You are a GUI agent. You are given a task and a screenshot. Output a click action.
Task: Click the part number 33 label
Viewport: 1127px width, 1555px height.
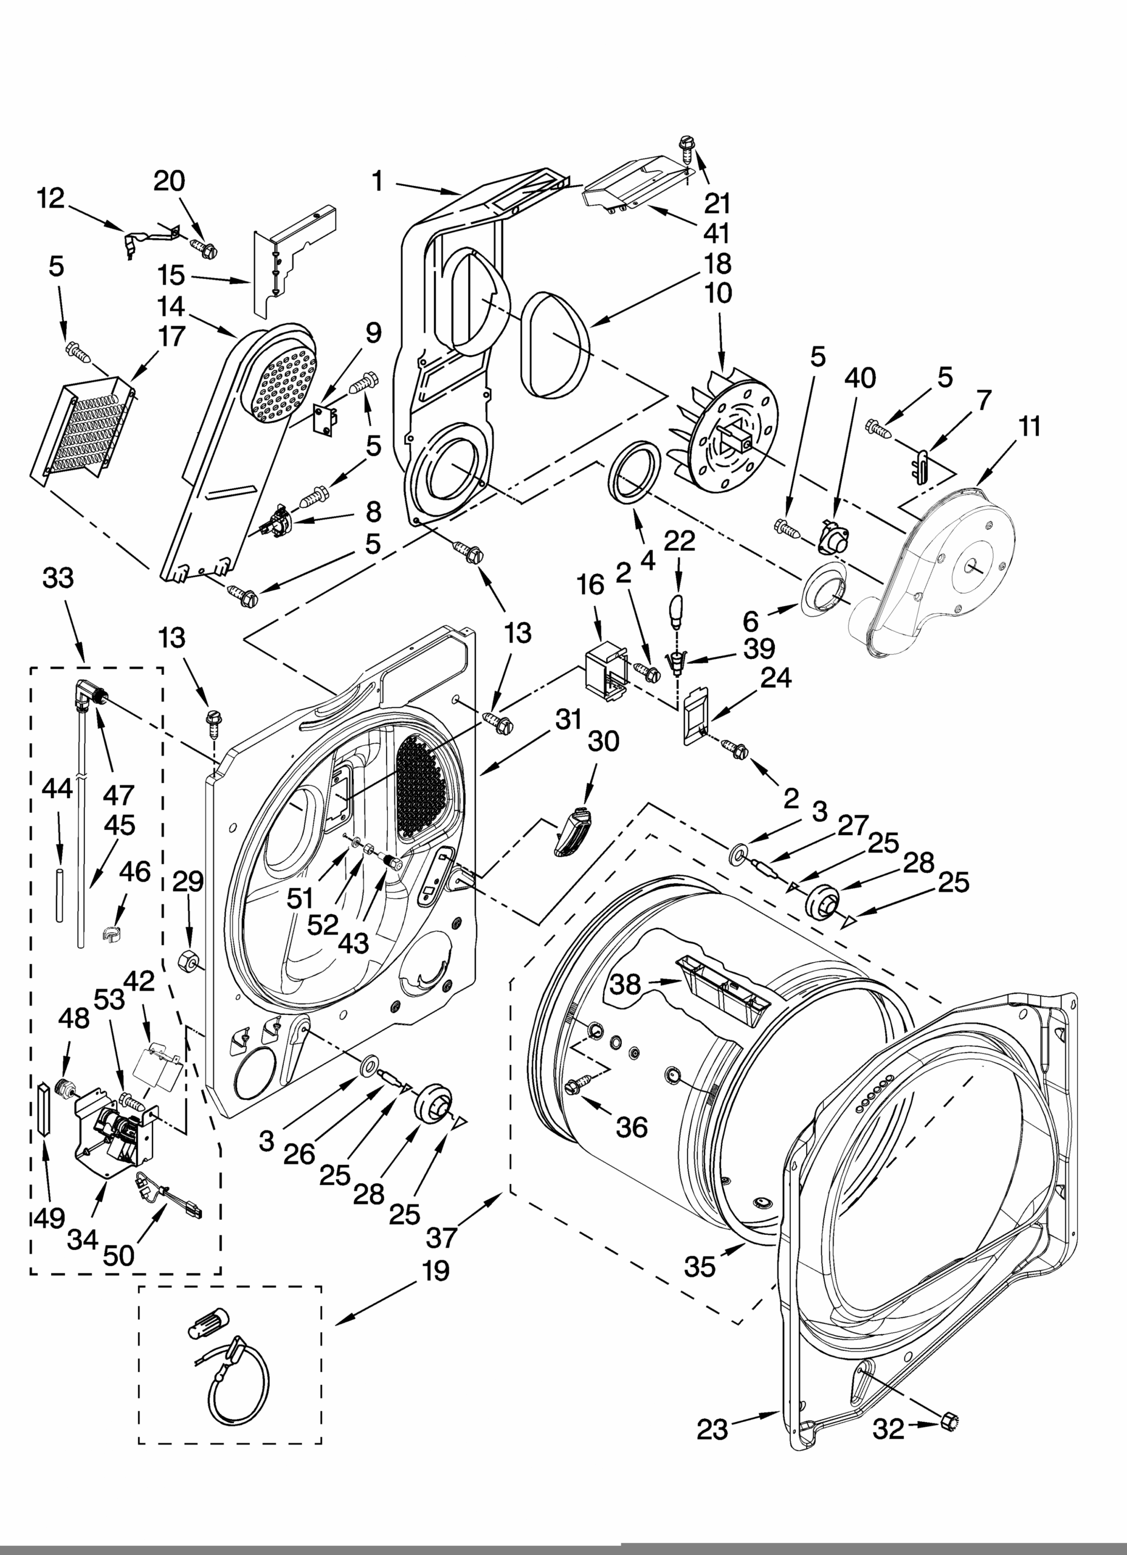[x=58, y=578]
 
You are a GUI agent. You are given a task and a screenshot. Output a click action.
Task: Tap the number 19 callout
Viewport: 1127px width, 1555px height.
[x=436, y=1271]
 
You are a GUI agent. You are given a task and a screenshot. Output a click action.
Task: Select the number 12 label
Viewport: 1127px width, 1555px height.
[x=51, y=198]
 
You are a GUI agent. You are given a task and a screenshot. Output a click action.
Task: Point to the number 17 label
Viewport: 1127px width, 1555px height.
[x=171, y=337]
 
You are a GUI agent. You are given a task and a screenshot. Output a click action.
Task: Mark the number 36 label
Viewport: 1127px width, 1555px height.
[x=632, y=1146]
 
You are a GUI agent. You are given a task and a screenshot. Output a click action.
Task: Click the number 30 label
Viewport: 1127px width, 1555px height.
[x=603, y=740]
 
